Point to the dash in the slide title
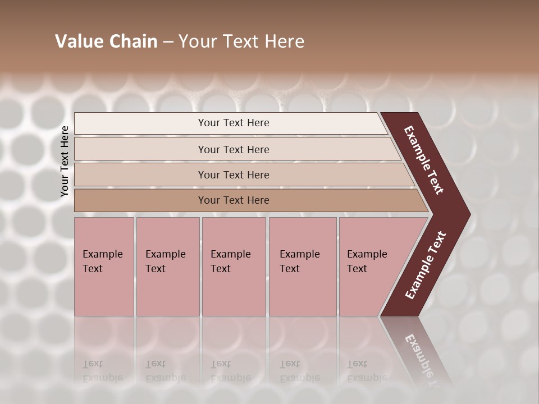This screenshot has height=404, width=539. (168, 42)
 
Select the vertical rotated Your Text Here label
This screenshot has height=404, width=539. (65, 161)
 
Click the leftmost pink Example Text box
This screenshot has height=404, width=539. (104, 267)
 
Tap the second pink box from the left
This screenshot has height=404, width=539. (167, 267)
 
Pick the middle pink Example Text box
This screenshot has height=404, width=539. (234, 267)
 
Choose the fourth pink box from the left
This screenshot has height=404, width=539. (303, 267)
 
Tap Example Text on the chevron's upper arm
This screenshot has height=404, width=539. (424, 160)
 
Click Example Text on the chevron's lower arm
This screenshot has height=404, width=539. (425, 265)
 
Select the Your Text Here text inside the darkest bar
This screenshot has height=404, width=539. (234, 200)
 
